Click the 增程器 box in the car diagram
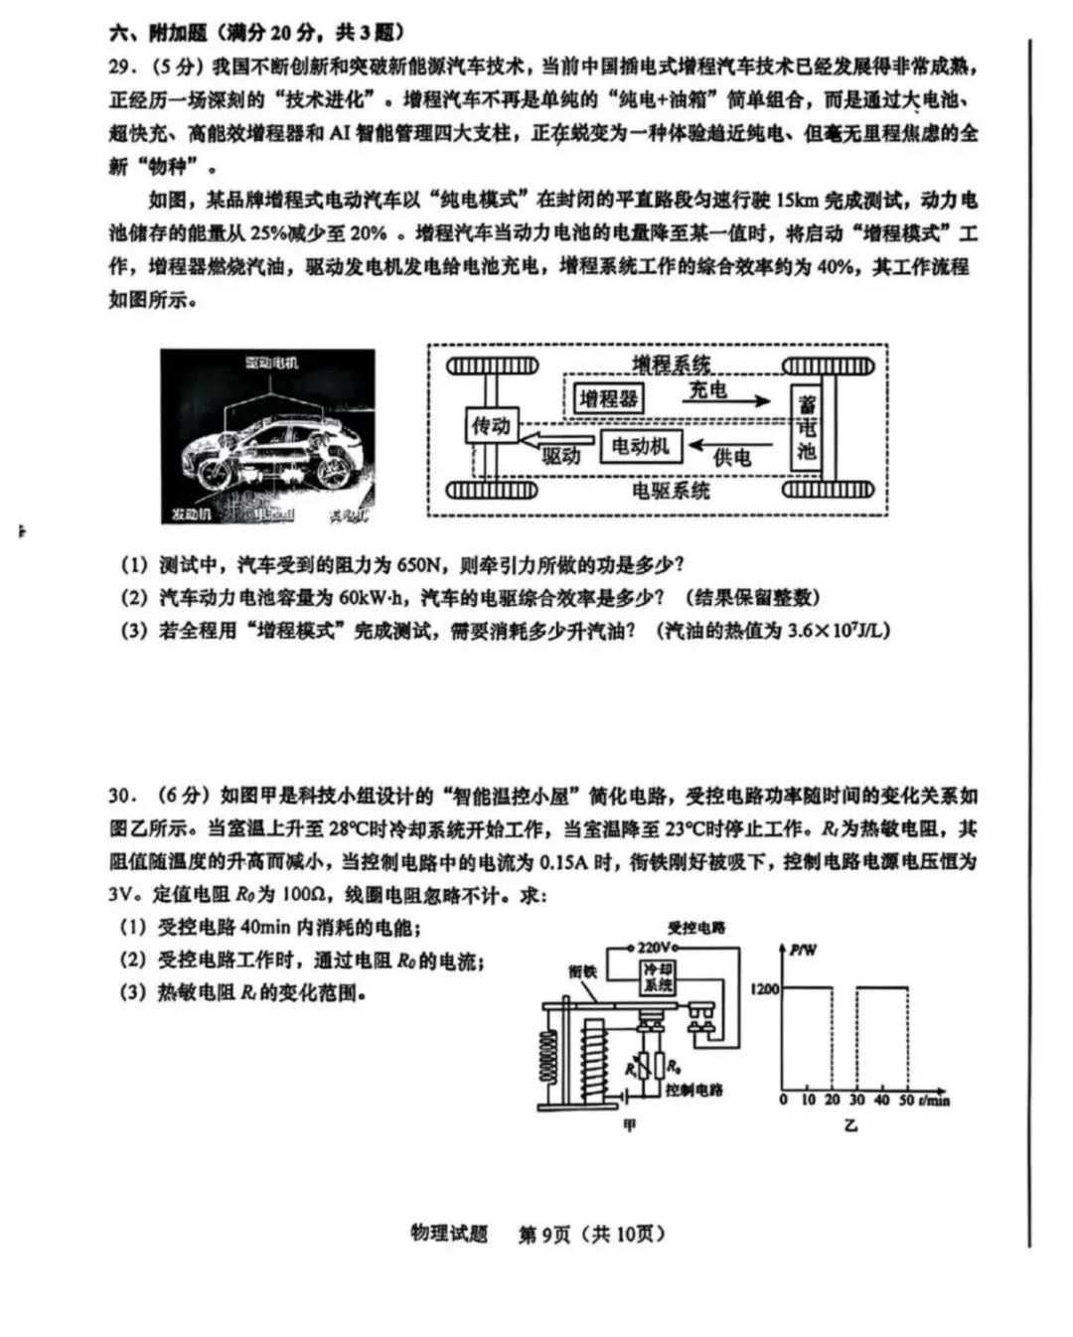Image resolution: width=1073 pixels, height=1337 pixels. click(x=608, y=399)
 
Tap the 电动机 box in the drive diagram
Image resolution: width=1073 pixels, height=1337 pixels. click(x=640, y=446)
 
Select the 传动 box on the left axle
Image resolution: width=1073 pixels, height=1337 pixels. click(x=490, y=426)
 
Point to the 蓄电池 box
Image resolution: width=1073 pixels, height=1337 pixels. click(x=807, y=428)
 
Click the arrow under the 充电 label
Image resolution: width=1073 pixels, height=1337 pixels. click(x=730, y=401)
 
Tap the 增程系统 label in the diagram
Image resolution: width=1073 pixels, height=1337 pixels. click(x=672, y=365)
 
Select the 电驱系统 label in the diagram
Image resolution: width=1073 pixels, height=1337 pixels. click(x=672, y=490)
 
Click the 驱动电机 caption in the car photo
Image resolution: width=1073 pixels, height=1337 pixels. click(x=271, y=364)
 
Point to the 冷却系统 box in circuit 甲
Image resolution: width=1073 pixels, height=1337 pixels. click(x=658, y=977)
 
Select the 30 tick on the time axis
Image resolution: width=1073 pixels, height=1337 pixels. click(x=856, y=1101)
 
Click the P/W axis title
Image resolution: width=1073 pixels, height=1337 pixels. click(x=804, y=951)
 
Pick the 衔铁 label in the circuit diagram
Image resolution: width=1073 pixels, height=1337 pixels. click(x=583, y=971)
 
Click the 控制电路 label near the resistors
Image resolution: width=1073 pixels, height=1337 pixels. click(x=694, y=1090)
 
